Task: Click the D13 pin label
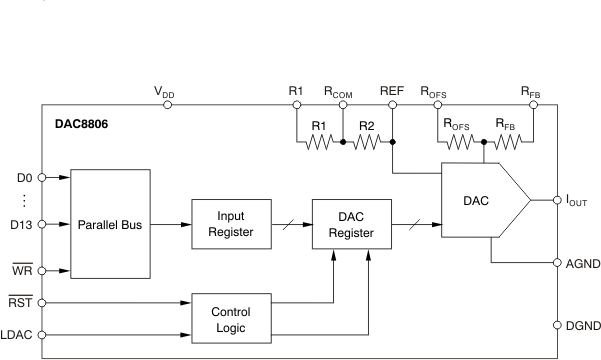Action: [21, 224]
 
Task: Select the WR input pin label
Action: [21, 270]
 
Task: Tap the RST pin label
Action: [20, 299]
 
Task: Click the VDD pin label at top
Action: [164, 91]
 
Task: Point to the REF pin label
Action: [392, 91]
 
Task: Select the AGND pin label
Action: [582, 265]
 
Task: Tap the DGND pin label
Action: [582, 325]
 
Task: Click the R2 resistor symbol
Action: [367, 142]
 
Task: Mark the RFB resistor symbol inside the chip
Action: [508, 142]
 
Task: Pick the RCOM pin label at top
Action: [341, 91]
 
